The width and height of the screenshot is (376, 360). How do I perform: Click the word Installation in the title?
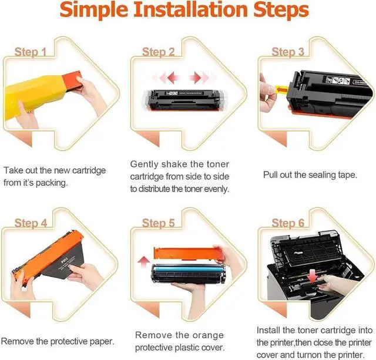point(190,9)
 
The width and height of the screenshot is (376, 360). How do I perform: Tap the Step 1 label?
point(31,52)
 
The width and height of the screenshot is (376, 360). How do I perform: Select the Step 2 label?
point(158,52)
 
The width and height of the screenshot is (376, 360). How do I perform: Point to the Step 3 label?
point(288,52)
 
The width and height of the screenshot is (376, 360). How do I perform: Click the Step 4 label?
point(31,223)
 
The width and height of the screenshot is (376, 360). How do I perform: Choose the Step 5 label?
point(158,223)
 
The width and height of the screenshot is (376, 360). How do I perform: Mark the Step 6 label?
point(288,223)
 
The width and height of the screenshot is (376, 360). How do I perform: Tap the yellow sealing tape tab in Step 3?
point(281,90)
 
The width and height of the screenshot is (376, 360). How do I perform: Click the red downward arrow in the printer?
point(313,275)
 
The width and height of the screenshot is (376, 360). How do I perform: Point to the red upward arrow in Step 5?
point(143,262)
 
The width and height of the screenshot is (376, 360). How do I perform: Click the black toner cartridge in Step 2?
point(183,100)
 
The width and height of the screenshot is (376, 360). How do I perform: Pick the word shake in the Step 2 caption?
point(174,164)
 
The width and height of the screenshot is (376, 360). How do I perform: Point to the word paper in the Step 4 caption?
point(102,341)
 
